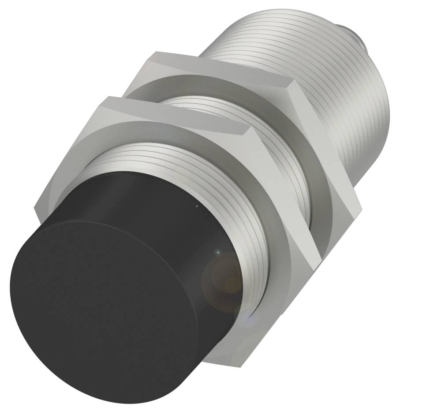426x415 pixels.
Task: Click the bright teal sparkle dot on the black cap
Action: [217, 252]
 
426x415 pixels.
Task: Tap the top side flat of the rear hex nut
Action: [225, 66]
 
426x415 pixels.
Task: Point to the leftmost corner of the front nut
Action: [35, 207]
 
